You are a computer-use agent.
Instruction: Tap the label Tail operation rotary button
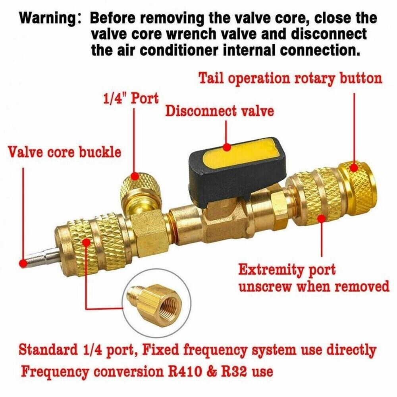tap(290, 78)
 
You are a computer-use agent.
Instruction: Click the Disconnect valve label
tap(220, 111)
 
